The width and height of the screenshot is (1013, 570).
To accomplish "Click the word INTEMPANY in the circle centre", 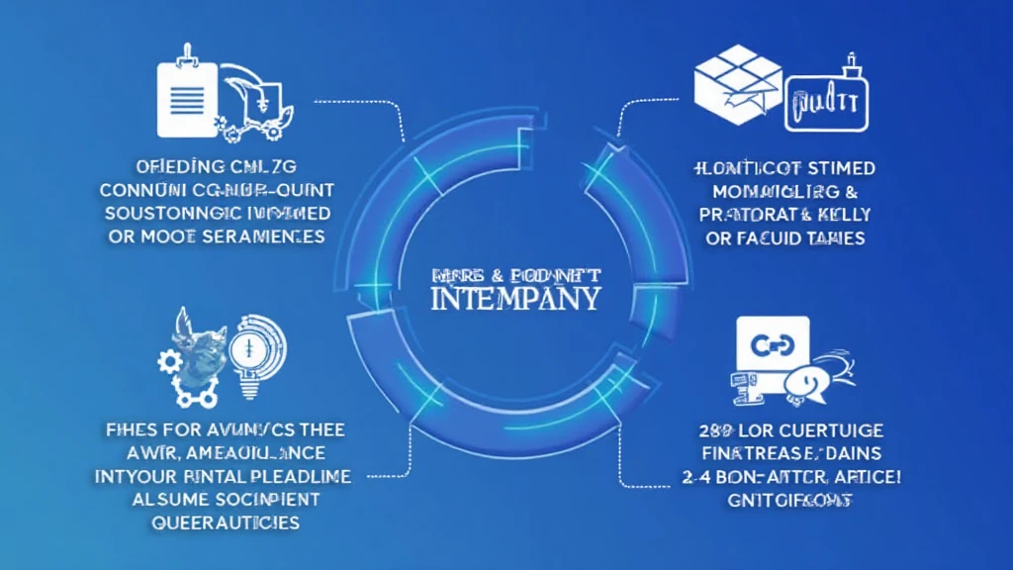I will [x=514, y=297].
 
